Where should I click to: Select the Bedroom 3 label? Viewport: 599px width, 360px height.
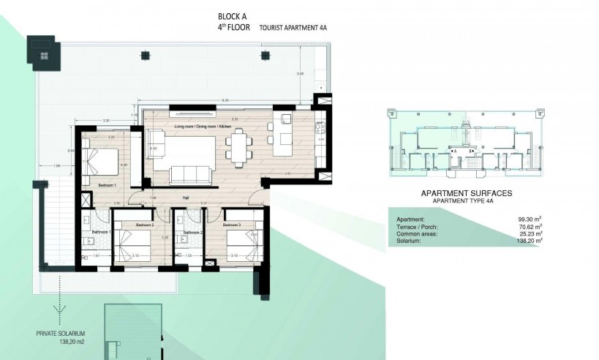(233, 225)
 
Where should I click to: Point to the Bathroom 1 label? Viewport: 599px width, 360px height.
(99, 232)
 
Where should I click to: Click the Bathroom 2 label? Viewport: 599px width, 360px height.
(194, 232)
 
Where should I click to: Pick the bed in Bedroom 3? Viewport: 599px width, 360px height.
(241, 244)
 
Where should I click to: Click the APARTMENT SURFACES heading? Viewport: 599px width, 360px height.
(465, 193)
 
